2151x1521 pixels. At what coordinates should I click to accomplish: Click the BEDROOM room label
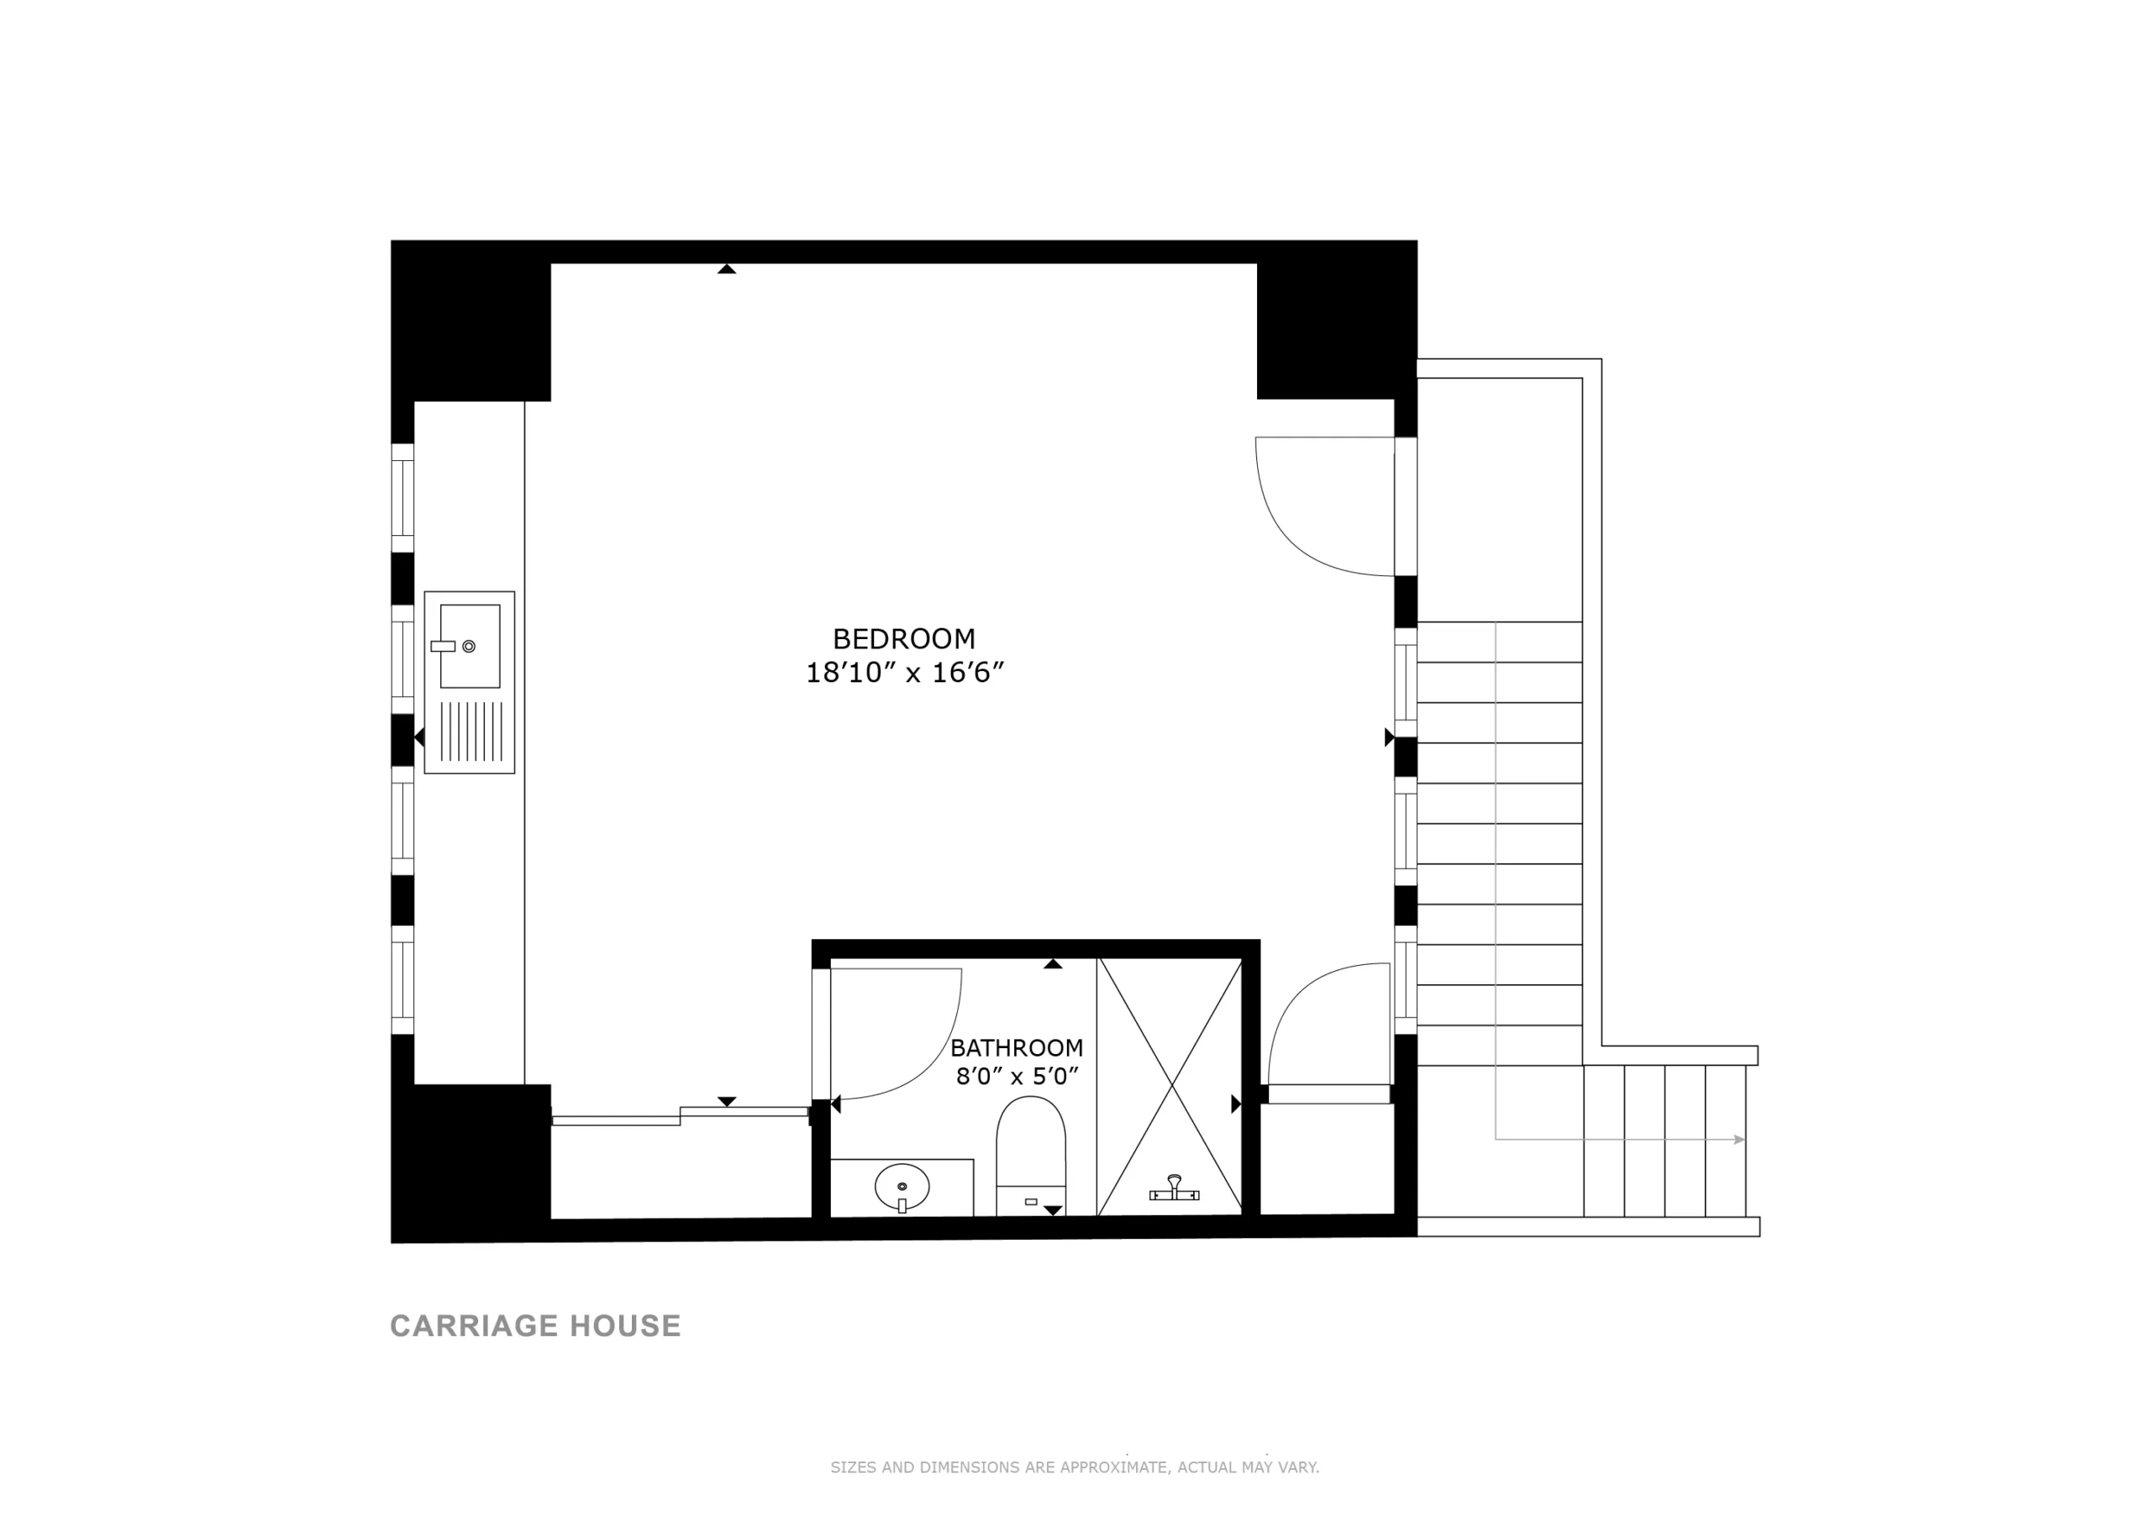pyautogui.click(x=904, y=639)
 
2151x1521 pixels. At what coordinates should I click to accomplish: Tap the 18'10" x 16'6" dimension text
pyautogui.click(x=905, y=673)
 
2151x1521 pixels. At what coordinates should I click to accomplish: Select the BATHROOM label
pyautogui.click(x=1017, y=1047)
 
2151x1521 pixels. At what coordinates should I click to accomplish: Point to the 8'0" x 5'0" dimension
pyautogui.click(x=1018, y=1076)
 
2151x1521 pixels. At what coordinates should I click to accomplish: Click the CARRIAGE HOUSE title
pyautogui.click(x=535, y=1326)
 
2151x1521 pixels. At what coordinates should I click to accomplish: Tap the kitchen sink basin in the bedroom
pyautogui.click(x=470, y=646)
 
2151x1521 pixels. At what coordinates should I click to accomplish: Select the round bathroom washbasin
pyautogui.click(x=902, y=1188)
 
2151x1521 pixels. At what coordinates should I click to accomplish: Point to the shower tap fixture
pyautogui.click(x=1174, y=1188)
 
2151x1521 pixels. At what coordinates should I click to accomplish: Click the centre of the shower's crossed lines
pyautogui.click(x=1171, y=1087)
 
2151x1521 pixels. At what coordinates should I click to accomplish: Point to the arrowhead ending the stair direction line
pyautogui.click(x=1740, y=1140)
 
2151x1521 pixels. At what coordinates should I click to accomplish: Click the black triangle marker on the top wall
pyautogui.click(x=726, y=269)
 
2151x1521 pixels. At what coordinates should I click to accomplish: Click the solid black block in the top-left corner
pyautogui.click(x=471, y=321)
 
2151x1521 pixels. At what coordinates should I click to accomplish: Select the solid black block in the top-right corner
pyautogui.click(x=1337, y=320)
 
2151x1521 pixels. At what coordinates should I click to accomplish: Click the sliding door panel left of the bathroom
pyautogui.click(x=681, y=1115)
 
